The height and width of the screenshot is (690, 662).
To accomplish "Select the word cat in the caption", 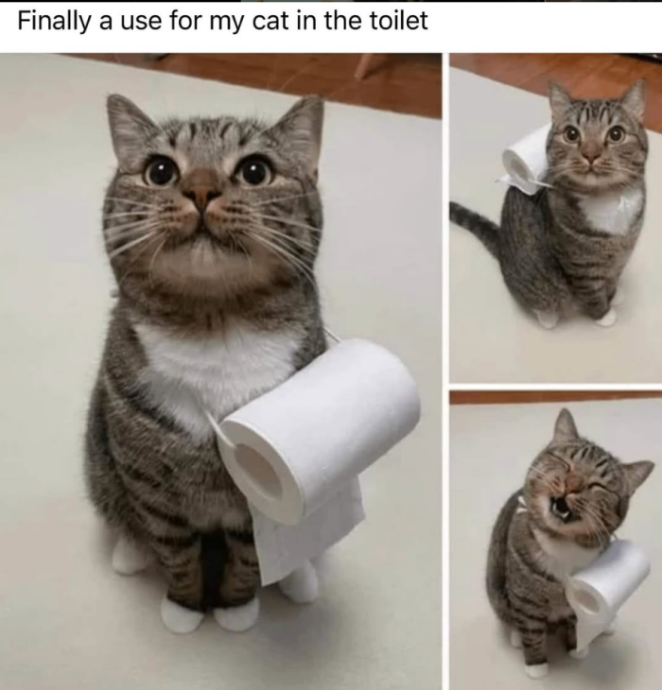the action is click(269, 21).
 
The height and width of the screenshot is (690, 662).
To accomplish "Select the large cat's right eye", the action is click(254, 172).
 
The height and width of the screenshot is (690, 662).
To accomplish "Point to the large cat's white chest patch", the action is click(216, 374).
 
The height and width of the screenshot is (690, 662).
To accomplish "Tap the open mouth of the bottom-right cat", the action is click(558, 509).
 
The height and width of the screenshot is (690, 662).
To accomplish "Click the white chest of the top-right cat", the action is click(612, 211).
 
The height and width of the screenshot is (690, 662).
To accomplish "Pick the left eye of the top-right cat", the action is click(571, 134).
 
